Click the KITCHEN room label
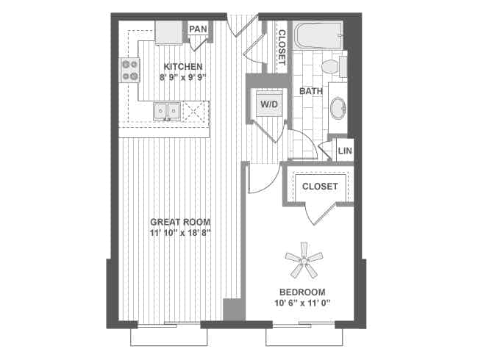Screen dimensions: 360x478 click(x=182, y=66)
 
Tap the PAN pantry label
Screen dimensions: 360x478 click(x=198, y=29)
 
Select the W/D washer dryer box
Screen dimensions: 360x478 click(x=268, y=105)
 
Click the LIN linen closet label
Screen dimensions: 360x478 click(x=344, y=151)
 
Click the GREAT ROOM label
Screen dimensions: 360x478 click(x=180, y=222)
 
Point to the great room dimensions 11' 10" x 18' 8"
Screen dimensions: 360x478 click(x=180, y=233)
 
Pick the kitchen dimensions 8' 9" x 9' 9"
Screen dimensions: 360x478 click(x=182, y=76)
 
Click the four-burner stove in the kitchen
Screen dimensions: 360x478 click(x=130, y=70)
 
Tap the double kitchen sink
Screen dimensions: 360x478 click(x=166, y=112)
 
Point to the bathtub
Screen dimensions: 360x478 click(x=317, y=36)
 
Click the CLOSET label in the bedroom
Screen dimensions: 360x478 click(x=320, y=187)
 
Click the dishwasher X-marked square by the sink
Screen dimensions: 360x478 click(x=194, y=112)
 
